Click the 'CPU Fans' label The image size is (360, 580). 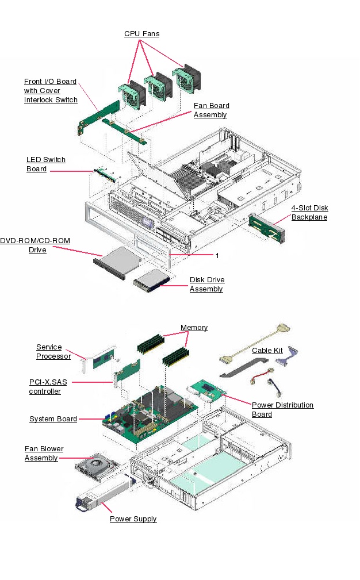(141, 34)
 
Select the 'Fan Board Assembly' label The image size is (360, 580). (211, 110)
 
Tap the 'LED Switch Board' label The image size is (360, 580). (45, 164)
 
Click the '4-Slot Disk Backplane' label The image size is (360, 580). (309, 213)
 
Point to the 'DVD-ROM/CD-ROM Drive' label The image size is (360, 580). (36, 245)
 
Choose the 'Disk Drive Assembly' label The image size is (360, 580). (207, 285)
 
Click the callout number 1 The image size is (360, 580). (217, 255)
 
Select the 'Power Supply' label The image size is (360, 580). (133, 519)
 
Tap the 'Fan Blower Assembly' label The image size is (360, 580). (44, 454)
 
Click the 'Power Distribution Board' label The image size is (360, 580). (282, 410)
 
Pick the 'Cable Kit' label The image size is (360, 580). (267, 351)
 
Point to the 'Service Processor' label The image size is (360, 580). (53, 352)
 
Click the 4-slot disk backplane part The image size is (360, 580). (265, 226)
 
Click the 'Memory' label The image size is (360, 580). (194, 328)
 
